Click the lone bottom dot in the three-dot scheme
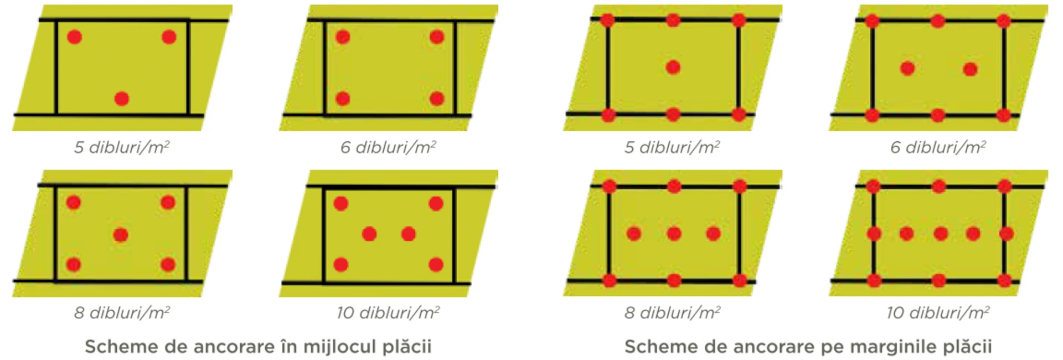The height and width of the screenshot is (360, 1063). coord(122,99)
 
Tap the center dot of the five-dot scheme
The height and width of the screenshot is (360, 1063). coord(121,235)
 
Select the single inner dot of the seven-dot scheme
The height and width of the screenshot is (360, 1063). coord(673,68)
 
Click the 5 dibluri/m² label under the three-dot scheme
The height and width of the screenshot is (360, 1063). coord(122,147)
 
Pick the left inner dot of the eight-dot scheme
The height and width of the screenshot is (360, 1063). coord(907,69)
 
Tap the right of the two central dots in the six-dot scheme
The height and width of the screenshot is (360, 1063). coord(409,234)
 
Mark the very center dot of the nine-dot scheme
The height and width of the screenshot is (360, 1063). coord(674,234)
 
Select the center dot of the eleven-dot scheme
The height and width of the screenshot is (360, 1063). coord(940,234)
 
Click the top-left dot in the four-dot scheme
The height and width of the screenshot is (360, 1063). coord(343,37)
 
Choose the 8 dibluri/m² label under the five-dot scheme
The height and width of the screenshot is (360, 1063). coord(122,313)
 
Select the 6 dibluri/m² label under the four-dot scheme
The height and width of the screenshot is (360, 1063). coord(388,147)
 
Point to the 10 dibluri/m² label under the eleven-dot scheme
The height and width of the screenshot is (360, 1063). coord(938,313)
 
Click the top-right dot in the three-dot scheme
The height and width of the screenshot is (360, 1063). coord(169,37)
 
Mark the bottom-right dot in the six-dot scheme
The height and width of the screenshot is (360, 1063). coord(436,265)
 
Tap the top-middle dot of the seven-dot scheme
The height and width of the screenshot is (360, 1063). coord(673,20)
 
